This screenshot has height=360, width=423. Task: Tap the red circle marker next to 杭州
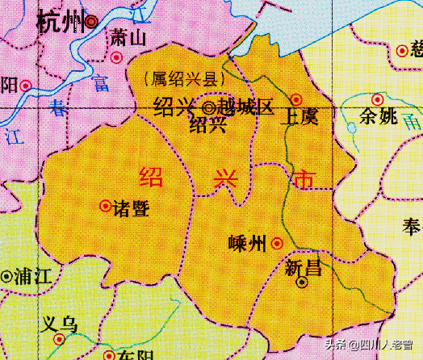point(92,22)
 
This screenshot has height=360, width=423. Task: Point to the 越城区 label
point(246,107)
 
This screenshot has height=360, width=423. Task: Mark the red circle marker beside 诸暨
point(105,206)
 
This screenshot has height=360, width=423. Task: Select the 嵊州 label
point(249,242)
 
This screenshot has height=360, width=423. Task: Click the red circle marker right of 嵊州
point(277,242)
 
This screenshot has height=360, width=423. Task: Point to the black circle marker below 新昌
point(303,283)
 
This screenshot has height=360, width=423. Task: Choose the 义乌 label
point(61,325)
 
